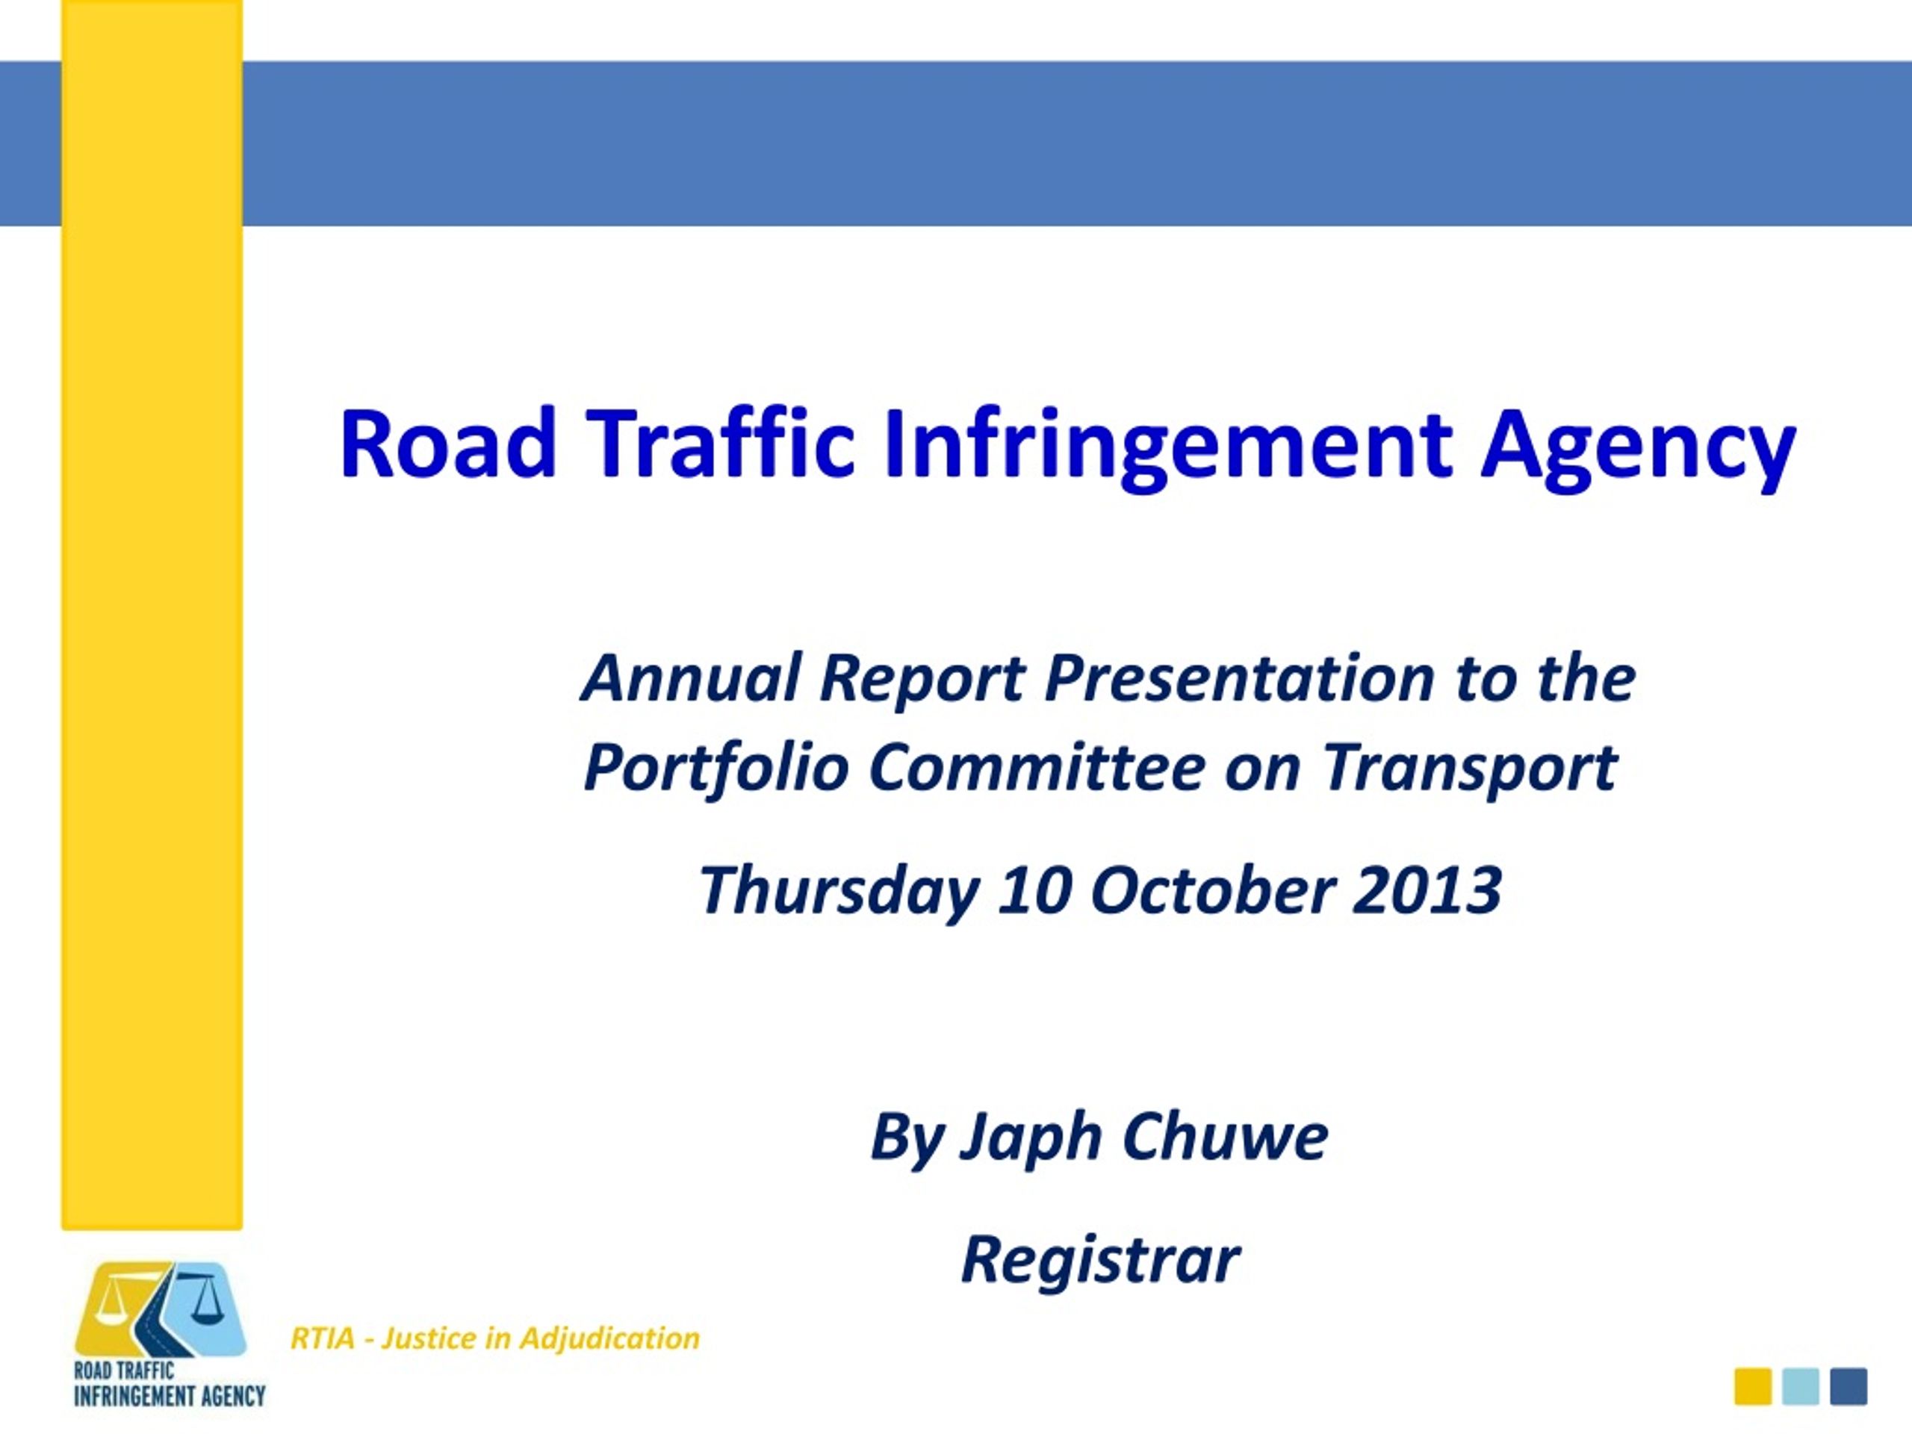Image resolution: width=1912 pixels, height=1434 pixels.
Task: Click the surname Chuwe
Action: [1225, 1136]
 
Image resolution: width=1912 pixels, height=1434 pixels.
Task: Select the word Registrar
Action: [1100, 1261]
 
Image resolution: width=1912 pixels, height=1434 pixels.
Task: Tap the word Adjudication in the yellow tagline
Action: [609, 1338]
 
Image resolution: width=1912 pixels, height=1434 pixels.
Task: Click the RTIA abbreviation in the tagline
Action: [323, 1338]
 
